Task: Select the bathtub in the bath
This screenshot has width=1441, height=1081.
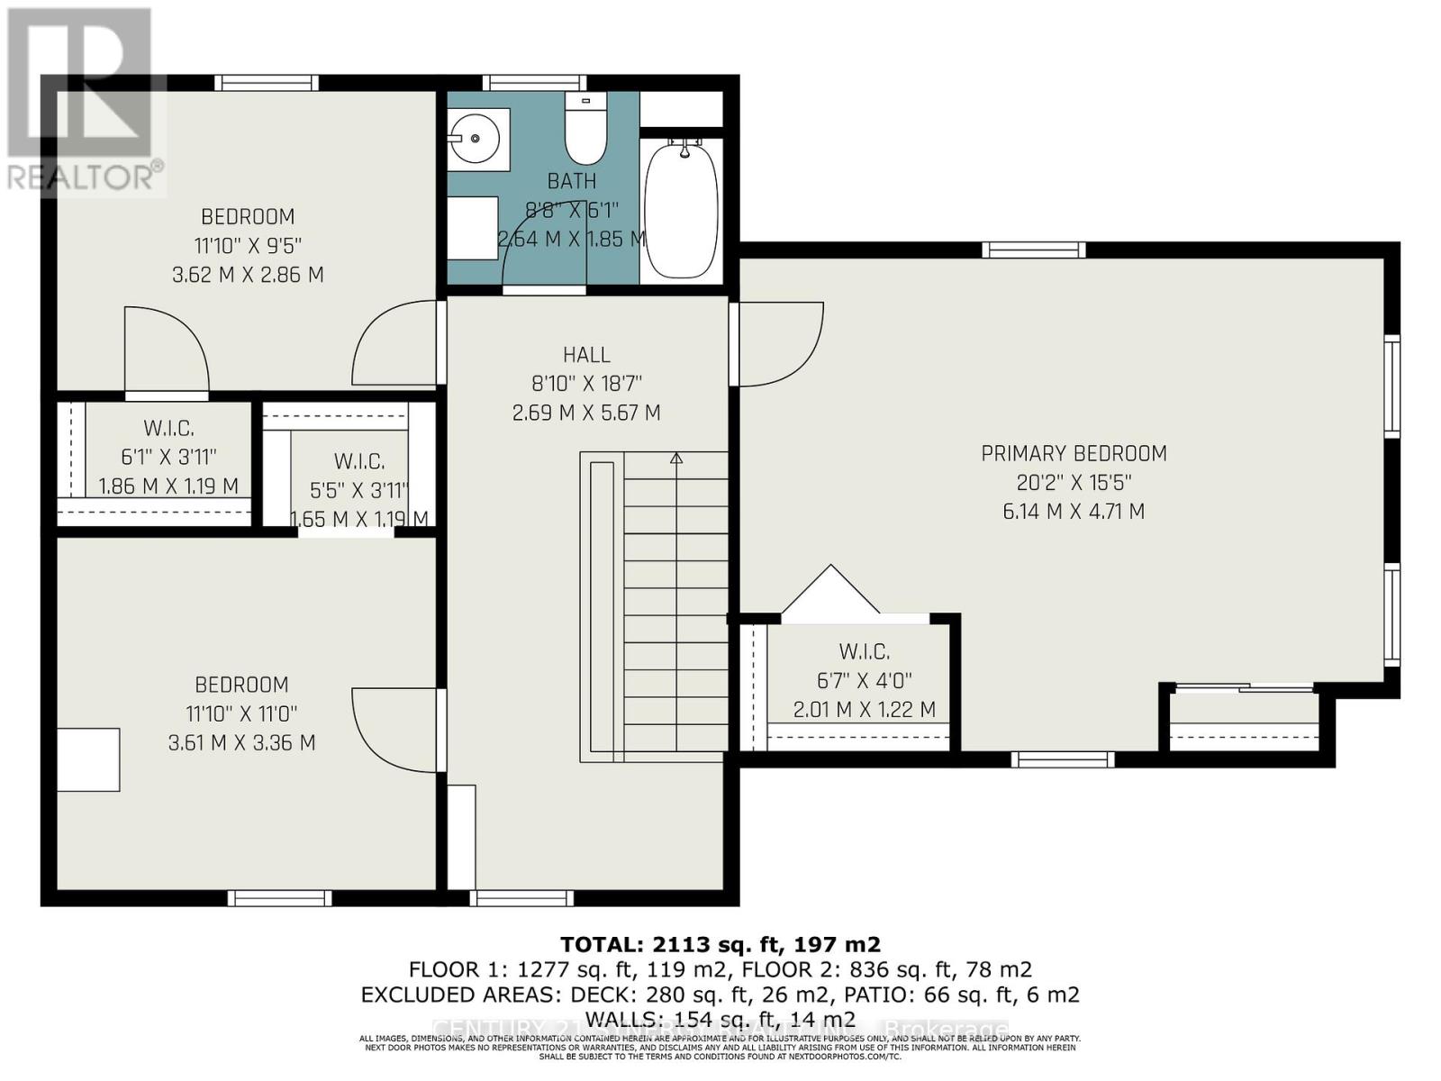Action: pyautogui.click(x=683, y=208)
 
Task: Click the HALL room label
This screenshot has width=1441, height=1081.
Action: pyautogui.click(x=586, y=355)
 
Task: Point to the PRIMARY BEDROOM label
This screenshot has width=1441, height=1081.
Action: pyautogui.click(x=1074, y=453)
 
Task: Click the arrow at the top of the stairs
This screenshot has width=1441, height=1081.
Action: pyautogui.click(x=676, y=459)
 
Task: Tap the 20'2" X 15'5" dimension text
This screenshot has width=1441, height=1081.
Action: pyautogui.click(x=1074, y=482)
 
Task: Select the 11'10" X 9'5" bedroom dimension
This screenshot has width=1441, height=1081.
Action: pyautogui.click(x=248, y=245)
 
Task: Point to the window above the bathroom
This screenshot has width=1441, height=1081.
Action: pyautogui.click(x=535, y=83)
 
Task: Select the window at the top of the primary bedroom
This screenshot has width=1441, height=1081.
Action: pyautogui.click(x=1033, y=250)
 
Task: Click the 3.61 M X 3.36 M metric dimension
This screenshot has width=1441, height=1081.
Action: pyautogui.click(x=241, y=742)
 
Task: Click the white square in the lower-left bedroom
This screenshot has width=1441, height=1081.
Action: pyautogui.click(x=88, y=759)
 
